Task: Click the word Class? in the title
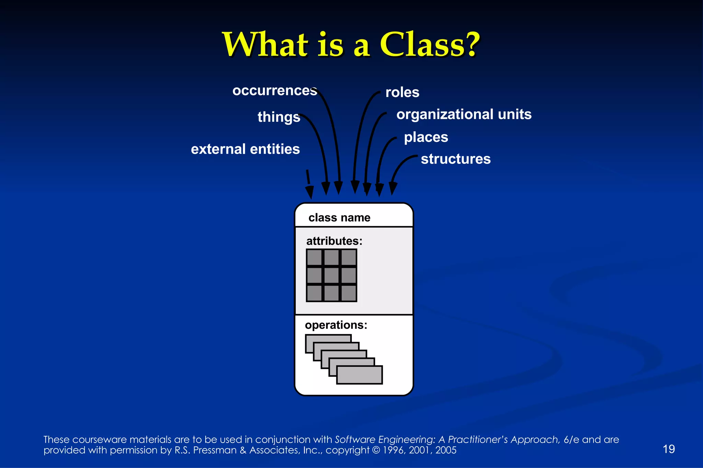[x=429, y=45]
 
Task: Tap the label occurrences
[x=275, y=91]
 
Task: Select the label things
[x=279, y=117]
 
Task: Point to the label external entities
[x=245, y=149]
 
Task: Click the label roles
[x=402, y=93]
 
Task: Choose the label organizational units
[x=464, y=115]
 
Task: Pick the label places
[x=426, y=137]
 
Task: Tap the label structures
[x=456, y=159]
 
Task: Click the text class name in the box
[x=339, y=218]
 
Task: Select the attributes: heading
[x=334, y=241]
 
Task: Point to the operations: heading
[x=336, y=325]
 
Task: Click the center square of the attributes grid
[x=332, y=275]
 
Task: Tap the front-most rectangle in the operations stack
[x=359, y=375]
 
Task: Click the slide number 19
[x=669, y=449]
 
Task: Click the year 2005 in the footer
[x=446, y=450]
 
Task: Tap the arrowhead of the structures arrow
[x=393, y=189]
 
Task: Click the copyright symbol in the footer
[x=376, y=450]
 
